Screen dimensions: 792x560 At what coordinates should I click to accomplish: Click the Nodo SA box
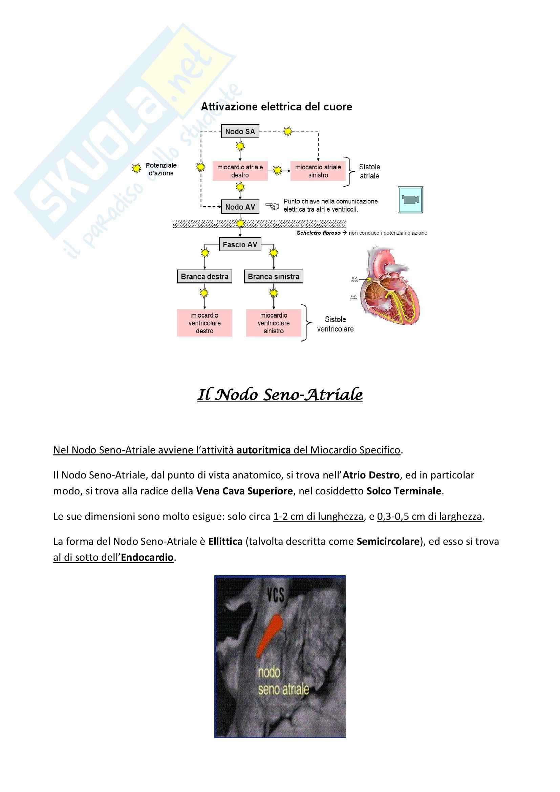click(x=240, y=131)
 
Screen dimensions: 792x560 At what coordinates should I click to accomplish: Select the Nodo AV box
click(x=240, y=207)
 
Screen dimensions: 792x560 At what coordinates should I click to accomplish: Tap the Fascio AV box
click(x=240, y=244)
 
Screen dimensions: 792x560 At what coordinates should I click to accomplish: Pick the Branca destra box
click(x=204, y=277)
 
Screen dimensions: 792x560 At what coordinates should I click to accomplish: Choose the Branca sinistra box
click(x=274, y=277)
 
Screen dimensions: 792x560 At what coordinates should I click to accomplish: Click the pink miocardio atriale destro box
click(x=240, y=171)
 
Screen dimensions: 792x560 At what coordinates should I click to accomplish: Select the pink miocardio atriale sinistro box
click(x=318, y=171)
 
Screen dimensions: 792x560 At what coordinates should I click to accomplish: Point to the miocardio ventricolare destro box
click(x=204, y=323)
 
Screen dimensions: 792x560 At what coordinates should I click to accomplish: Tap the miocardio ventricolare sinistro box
click(x=274, y=323)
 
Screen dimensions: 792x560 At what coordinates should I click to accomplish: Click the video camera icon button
click(x=410, y=200)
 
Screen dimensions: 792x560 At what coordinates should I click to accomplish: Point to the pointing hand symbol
click(x=272, y=206)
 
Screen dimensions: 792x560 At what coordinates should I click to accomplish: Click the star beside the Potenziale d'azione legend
click(x=137, y=168)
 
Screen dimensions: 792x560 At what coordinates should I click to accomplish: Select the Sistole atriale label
click(x=369, y=171)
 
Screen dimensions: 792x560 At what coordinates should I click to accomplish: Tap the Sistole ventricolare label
click(x=335, y=324)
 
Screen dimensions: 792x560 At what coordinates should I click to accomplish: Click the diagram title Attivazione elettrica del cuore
click(x=276, y=107)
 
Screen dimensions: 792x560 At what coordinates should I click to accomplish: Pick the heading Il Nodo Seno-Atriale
click(x=280, y=394)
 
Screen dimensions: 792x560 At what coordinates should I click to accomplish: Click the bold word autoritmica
click(x=263, y=450)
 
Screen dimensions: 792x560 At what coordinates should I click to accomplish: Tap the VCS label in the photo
click(x=276, y=595)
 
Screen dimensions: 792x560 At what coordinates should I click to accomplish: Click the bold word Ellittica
click(x=225, y=541)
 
